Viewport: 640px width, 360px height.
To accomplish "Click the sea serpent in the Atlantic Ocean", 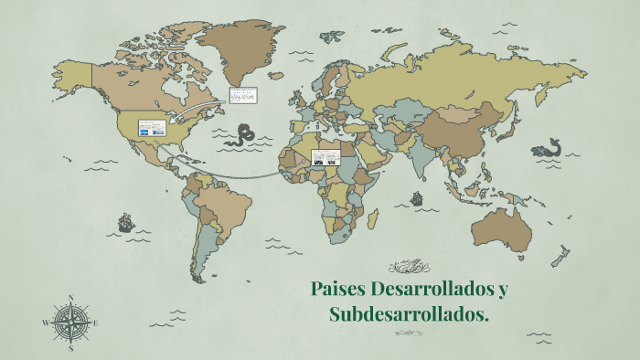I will (x=244, y=134).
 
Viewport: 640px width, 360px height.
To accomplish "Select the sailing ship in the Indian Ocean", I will (x=416, y=197).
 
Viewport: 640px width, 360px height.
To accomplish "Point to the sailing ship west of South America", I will (x=125, y=222).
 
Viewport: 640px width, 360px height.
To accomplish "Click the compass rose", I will (x=70, y=322).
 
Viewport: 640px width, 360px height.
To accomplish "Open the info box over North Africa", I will (x=325, y=157).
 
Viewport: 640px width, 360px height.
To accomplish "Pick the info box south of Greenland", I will (x=243, y=95).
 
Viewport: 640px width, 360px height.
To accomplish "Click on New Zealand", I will (x=560, y=256).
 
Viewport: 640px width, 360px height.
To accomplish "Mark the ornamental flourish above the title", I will (x=409, y=267).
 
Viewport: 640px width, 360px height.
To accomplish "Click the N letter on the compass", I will (x=70, y=298).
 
